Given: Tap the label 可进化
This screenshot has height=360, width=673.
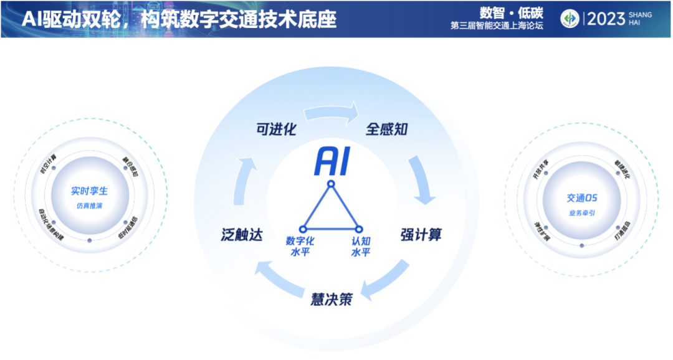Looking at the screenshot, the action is tap(275, 130).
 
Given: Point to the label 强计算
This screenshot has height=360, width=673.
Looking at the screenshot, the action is tap(421, 235).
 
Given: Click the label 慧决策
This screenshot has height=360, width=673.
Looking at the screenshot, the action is tap(332, 299).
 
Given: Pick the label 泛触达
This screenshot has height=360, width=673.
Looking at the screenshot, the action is tap(242, 235).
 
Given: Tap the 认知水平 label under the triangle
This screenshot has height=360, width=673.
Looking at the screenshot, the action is tap(361, 246).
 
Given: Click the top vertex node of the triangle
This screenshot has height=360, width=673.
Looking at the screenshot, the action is tap(332, 184).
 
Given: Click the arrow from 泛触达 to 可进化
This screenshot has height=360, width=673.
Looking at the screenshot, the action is tap(244, 181).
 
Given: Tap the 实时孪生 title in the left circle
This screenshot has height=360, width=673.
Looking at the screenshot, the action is tap(89, 192).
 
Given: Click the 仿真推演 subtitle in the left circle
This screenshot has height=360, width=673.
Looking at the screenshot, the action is tap(89, 206).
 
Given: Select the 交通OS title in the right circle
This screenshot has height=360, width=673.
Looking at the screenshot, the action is tap(582, 198).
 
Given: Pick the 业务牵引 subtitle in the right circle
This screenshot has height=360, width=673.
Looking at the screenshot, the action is tap(582, 212).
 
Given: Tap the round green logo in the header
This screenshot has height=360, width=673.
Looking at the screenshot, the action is tap(570, 19).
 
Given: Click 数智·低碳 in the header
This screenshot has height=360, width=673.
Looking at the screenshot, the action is tap(512, 13).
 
